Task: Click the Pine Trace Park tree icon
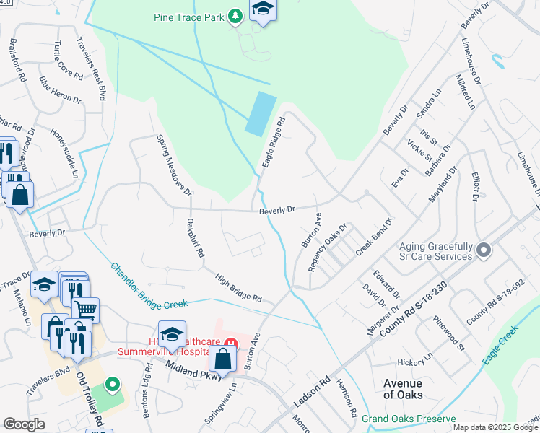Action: pos(235,16)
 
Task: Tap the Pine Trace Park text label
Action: pos(188,16)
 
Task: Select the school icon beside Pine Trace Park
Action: pos(263,10)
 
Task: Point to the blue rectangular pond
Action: pos(261,114)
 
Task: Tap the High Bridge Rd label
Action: pos(237,287)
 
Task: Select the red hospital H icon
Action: pos(230,343)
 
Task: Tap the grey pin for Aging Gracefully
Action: pos(484,250)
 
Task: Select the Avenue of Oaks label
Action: pos(403,389)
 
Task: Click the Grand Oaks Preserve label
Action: pos(409,419)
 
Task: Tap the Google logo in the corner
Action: pos(25,424)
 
